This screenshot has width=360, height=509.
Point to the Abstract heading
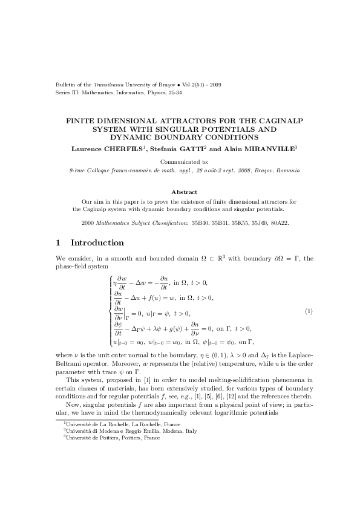coord(180,191)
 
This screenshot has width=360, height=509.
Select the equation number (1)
coord(308,311)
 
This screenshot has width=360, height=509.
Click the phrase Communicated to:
coord(180,162)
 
